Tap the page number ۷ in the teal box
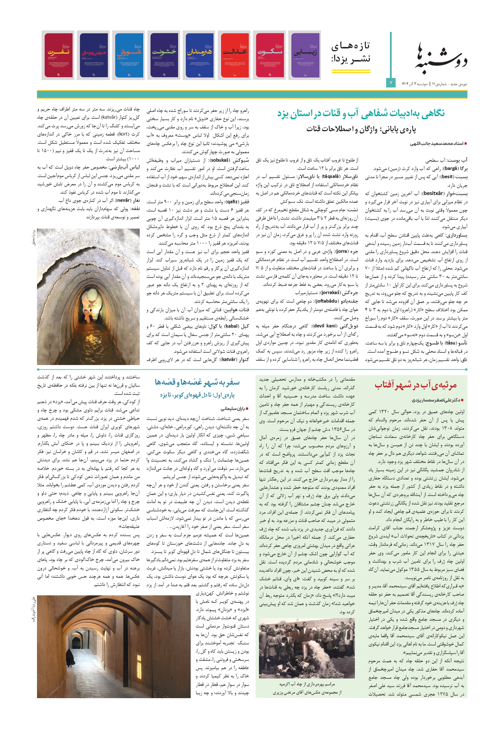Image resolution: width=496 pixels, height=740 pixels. pos(391,83)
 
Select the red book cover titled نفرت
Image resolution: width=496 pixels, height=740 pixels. pos(59,55)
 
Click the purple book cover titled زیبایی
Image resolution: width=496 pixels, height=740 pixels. pos(304,55)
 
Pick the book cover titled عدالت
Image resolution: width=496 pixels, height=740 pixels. pos(234,55)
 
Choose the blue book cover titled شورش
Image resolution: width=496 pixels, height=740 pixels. pos(129,55)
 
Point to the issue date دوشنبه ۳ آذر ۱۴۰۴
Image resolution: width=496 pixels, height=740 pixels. pos(414,84)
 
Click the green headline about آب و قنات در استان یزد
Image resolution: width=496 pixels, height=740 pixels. pos(361,113)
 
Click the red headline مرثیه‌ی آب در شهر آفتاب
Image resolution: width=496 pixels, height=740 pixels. pos(415,385)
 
